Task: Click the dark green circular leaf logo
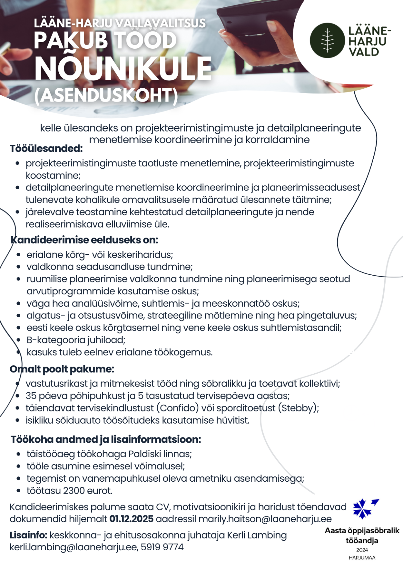pyautogui.click(x=327, y=40)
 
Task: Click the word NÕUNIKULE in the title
pyautogui.click(x=123, y=69)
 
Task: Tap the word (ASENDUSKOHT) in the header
pyautogui.click(x=106, y=95)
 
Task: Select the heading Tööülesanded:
pyautogui.click(x=46, y=149)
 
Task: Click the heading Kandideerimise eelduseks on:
pyautogui.click(x=84, y=240)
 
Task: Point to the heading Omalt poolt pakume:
pyautogui.click(x=62, y=369)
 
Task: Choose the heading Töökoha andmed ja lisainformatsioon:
pyautogui.click(x=106, y=439)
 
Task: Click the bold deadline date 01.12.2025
pyautogui.click(x=131, y=519)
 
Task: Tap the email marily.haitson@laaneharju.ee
pyautogui.click(x=265, y=519)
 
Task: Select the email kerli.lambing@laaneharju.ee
pyautogui.click(x=73, y=547)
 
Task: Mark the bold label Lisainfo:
pyautogui.click(x=28, y=535)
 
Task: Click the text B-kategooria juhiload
pyautogui.click(x=76, y=340)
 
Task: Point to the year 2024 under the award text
pyautogui.click(x=362, y=550)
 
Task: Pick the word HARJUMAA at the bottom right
pyautogui.click(x=362, y=558)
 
